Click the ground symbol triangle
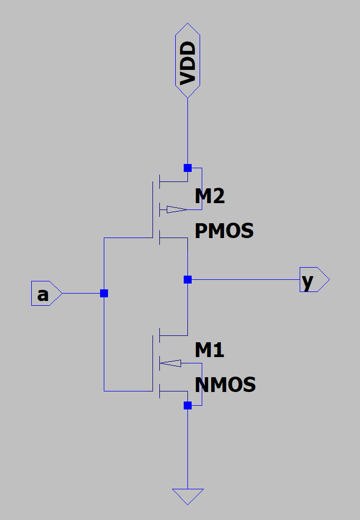(187, 496)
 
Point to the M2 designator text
(210, 197)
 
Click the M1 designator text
(210, 350)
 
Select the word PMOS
(224, 231)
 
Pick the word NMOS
(225, 384)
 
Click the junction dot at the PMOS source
(187, 168)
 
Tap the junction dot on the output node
(187, 279)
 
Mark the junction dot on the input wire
(104, 293)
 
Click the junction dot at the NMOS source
(187, 405)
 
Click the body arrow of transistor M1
(171, 363)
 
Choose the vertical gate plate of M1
(152, 363)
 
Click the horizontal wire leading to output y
(244, 279)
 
